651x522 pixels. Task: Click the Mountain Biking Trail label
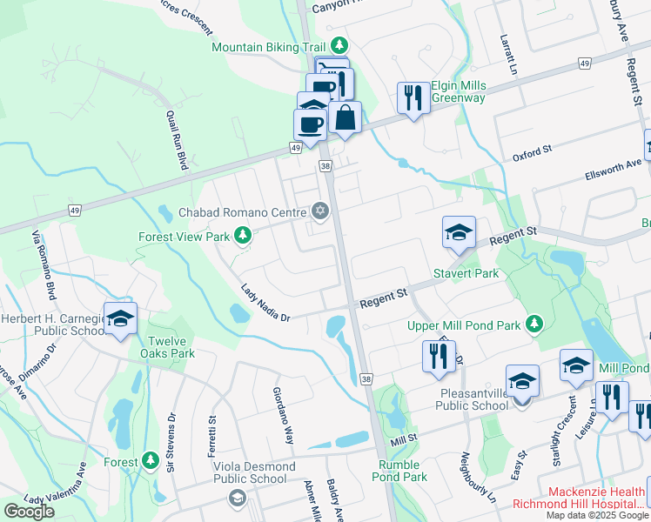coord(269,46)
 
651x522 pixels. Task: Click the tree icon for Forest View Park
coord(246,236)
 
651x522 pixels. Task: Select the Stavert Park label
coord(466,273)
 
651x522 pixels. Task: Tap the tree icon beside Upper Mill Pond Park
coord(534,325)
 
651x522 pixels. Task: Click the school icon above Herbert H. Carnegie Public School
coord(121,318)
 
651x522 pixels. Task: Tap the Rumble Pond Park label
coord(402,470)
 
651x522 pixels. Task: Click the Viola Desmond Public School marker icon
coord(236,499)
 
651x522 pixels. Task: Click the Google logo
coord(29,511)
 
